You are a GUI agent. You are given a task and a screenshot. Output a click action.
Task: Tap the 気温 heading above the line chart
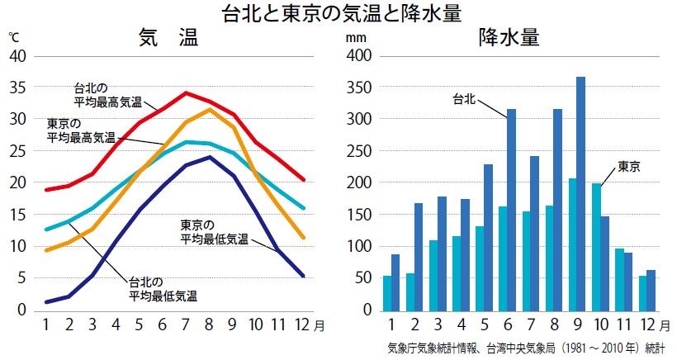click(168, 38)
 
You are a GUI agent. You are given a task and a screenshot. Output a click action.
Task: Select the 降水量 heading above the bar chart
click(509, 38)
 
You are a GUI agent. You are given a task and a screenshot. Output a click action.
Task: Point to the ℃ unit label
click(13, 37)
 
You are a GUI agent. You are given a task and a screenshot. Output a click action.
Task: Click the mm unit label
click(354, 38)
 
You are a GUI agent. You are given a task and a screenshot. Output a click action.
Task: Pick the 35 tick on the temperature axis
click(17, 88)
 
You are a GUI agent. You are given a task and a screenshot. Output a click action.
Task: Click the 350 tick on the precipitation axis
click(360, 88)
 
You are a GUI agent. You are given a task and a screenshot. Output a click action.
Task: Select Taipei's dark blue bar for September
click(580, 193)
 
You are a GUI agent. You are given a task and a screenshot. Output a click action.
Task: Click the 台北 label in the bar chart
click(464, 98)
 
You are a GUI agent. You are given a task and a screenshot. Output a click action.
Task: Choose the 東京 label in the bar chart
click(629, 166)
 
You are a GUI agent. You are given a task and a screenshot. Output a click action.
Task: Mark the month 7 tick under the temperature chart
click(187, 324)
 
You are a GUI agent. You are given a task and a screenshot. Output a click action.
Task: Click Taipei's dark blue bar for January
click(395, 282)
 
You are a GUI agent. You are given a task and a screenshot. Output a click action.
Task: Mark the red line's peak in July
click(187, 92)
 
